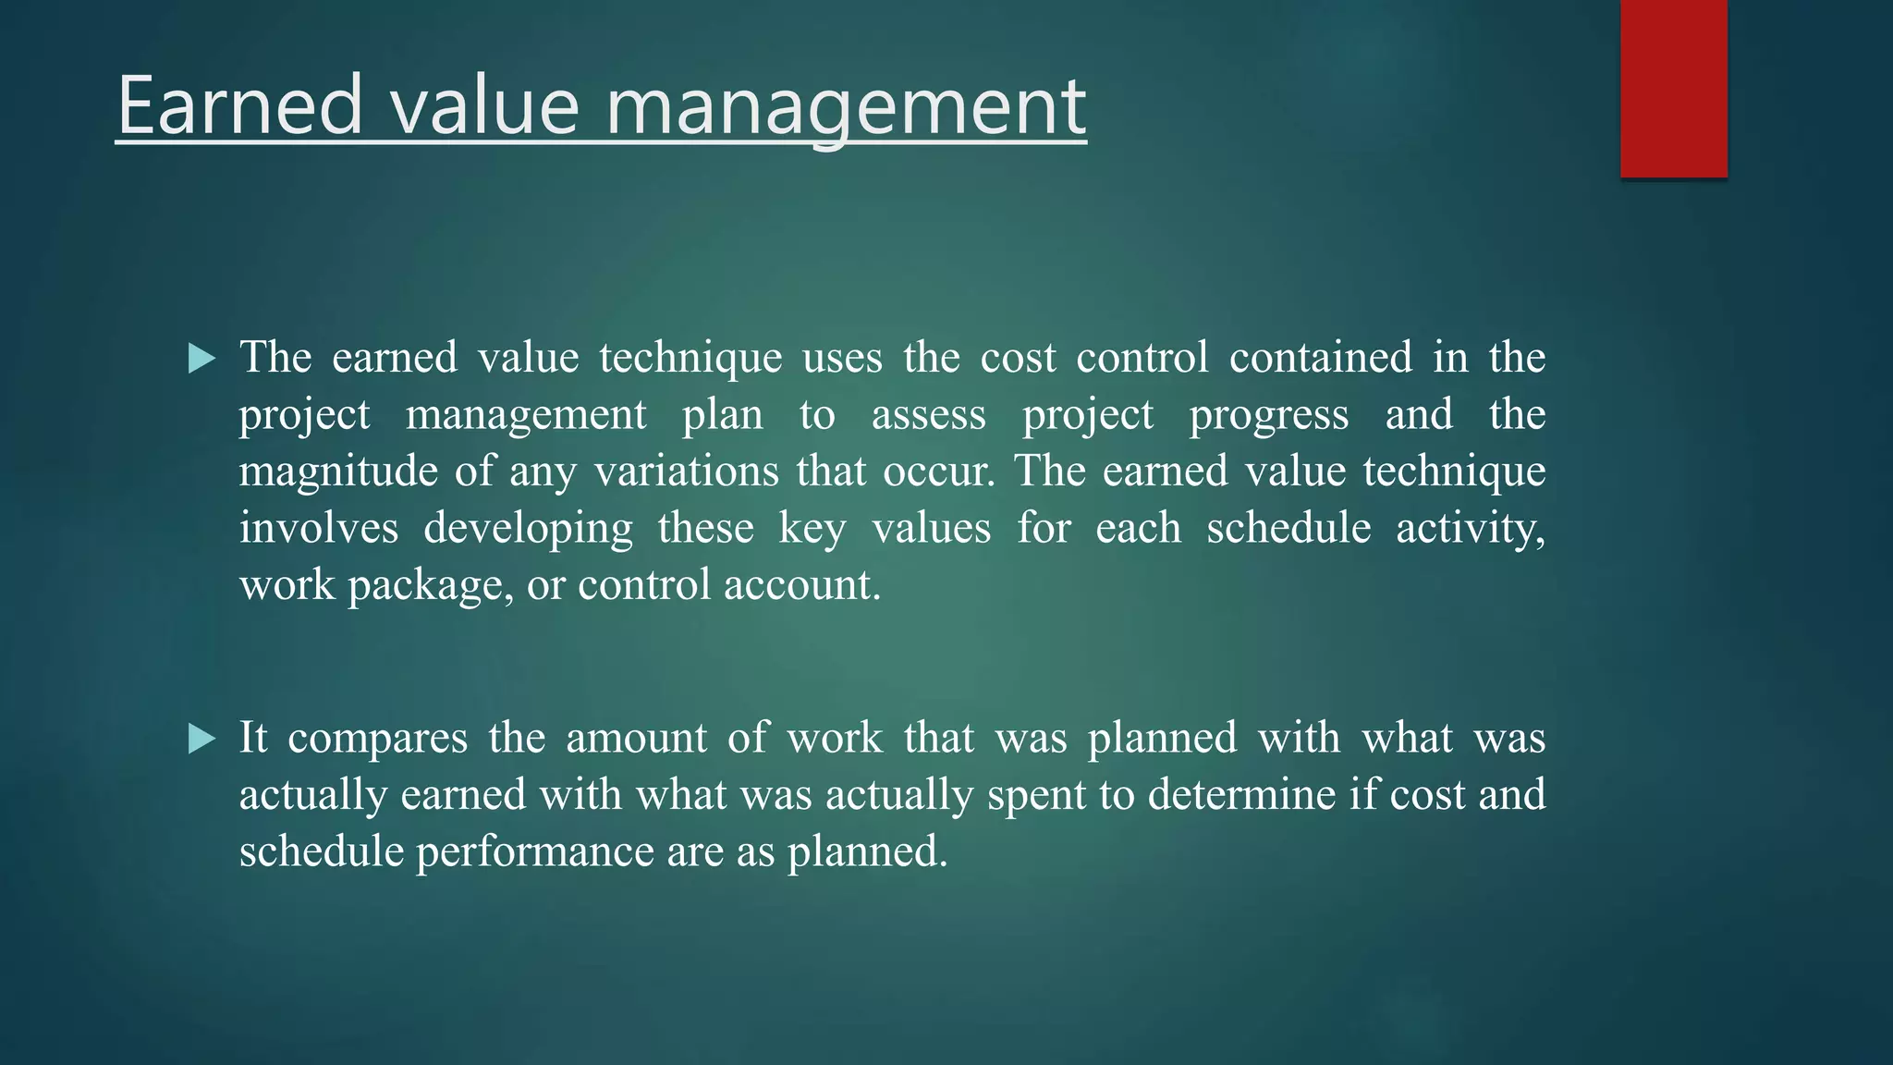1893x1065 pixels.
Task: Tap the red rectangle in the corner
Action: tap(1673, 89)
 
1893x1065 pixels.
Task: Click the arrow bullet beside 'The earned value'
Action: tap(202, 358)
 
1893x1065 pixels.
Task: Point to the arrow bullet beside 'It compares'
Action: tap(202, 739)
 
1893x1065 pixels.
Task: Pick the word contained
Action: tap(1320, 357)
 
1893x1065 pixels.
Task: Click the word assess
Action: tap(928, 414)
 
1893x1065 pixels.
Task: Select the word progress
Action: tap(1268, 416)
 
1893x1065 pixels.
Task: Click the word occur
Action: tap(937, 471)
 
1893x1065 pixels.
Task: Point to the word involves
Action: tap(319, 528)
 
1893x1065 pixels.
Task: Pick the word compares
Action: tap(377, 740)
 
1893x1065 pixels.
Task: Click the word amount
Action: tap(636, 738)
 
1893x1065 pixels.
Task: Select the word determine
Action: tap(1241, 794)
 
